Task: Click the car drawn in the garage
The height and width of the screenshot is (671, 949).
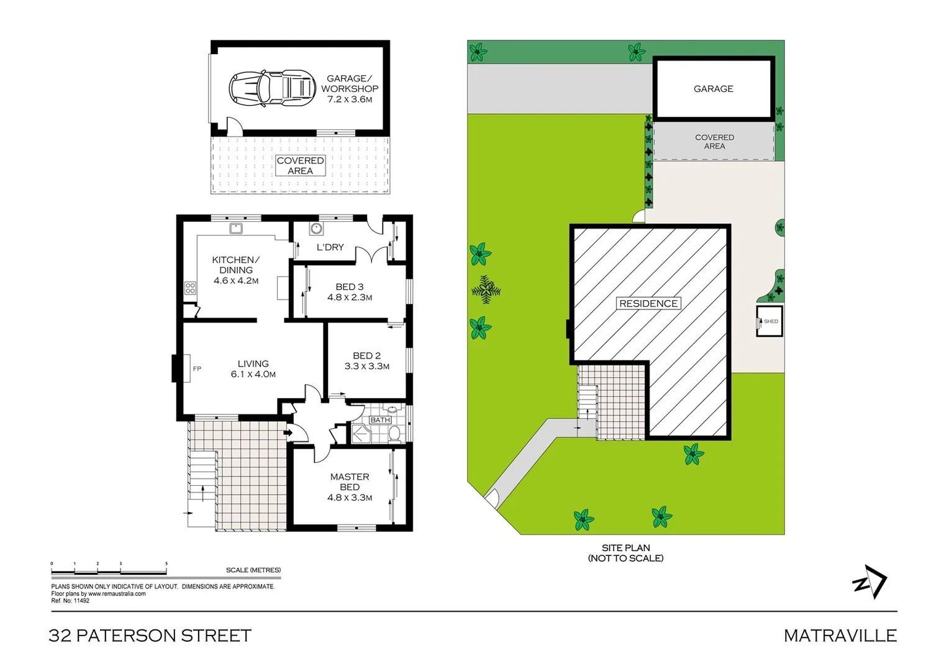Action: click(272, 87)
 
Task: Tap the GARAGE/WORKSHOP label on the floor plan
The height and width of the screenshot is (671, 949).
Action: click(350, 88)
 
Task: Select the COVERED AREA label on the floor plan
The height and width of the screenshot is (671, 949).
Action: click(300, 165)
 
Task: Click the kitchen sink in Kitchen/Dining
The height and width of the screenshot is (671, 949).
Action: click(236, 228)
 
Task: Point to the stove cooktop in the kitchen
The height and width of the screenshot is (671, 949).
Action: click(190, 288)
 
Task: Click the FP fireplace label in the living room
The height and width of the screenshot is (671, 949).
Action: click(197, 369)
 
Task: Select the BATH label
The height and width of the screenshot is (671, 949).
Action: click(380, 420)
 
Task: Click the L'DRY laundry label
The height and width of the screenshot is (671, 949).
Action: click(330, 247)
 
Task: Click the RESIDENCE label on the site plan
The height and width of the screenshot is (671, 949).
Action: click(648, 304)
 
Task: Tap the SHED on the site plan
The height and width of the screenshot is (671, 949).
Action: click(770, 321)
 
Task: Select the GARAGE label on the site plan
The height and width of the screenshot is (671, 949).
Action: click(713, 89)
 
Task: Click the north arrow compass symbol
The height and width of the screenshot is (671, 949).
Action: click(870, 582)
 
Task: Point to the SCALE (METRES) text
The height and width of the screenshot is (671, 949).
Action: click(253, 570)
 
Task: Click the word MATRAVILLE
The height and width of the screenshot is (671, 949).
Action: click(840, 636)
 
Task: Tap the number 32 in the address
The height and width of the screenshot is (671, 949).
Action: click(60, 636)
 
